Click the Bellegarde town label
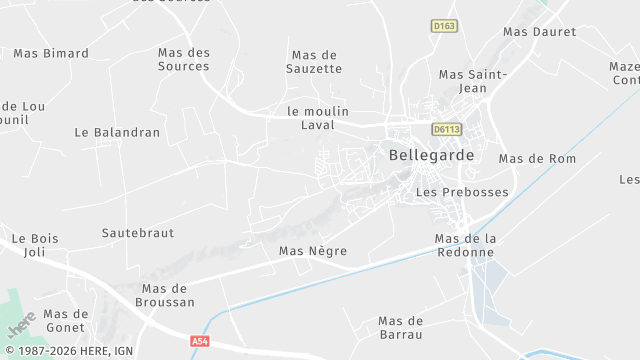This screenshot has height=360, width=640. tap(431, 155)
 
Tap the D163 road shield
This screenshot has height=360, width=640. tap(444, 25)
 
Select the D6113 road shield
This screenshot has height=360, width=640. tap(447, 129)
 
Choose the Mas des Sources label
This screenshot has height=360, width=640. tap(184, 59)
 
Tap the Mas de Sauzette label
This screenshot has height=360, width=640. tap(316, 62)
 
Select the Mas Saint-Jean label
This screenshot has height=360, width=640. tap(473, 81)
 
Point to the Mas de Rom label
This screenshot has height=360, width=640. tap(537, 158)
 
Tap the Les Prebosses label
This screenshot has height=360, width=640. tap(462, 192)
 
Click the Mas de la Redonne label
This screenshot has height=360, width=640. tap(466, 245)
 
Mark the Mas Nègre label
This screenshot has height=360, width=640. tap(313, 251)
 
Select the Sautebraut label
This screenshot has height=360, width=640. tap(138, 232)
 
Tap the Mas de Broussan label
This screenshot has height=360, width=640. tap(166, 295)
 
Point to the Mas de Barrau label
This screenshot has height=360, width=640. tap(400, 327)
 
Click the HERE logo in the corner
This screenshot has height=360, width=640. tap(21, 323)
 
